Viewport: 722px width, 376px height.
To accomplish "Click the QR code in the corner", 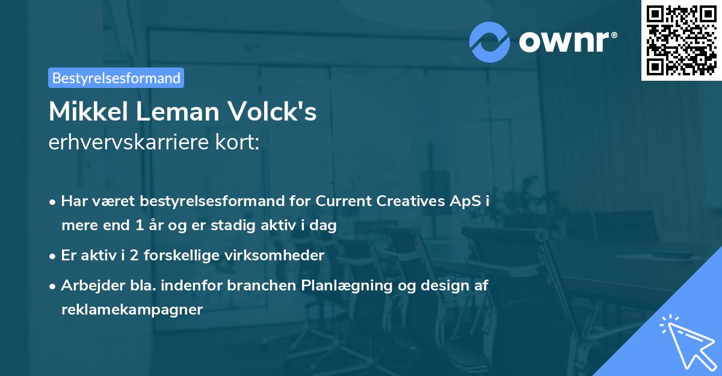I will [681, 40].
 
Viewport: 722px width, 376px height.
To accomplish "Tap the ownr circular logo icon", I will [489, 42].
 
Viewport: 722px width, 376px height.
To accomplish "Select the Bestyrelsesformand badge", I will [116, 78].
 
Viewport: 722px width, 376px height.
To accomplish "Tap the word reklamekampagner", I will [132, 310].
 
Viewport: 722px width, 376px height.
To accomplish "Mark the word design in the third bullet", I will [436, 286].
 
